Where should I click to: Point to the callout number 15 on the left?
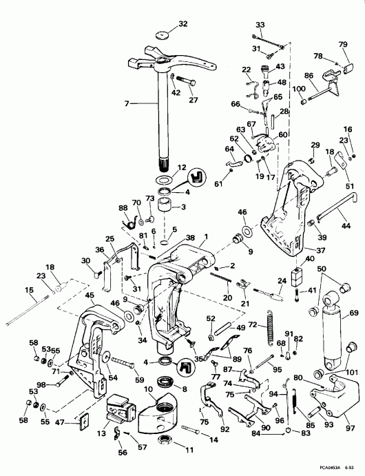30,290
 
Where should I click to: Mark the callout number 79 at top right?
343,45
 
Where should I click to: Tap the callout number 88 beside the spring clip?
123,209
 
